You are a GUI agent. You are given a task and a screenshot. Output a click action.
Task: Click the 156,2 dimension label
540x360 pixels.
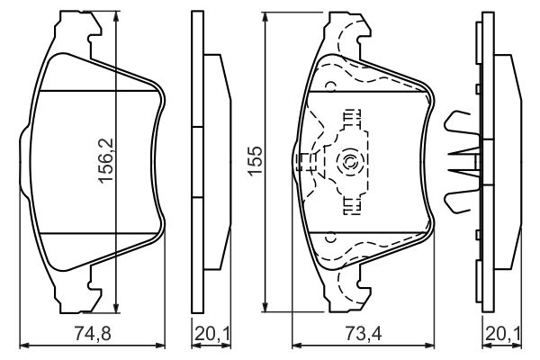105,160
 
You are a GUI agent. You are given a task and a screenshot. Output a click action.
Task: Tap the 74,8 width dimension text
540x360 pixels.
93,334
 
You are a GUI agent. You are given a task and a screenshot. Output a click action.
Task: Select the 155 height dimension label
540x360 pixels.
256,161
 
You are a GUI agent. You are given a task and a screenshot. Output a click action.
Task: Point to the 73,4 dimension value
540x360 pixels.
364,334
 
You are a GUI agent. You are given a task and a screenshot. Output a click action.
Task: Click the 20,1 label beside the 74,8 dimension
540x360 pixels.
211,334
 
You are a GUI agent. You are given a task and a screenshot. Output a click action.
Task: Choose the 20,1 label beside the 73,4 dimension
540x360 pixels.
503,334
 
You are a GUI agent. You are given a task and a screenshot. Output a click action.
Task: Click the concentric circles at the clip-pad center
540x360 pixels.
346,161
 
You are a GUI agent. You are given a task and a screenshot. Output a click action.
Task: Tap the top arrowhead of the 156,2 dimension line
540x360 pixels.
116,16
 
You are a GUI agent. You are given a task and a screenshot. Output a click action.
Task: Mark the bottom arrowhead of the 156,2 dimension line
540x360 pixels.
116,307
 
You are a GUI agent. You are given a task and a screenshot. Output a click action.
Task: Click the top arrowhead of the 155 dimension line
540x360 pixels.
265,18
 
